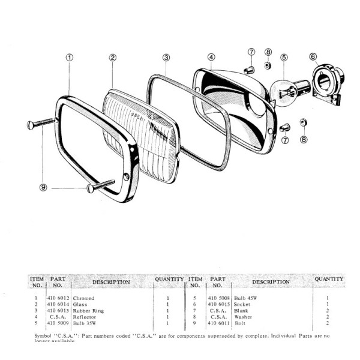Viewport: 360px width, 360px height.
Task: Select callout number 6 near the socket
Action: (x=313, y=57)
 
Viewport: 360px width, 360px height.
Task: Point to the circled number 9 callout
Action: (x=43, y=187)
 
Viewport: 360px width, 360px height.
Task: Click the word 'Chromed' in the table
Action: (x=84, y=298)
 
